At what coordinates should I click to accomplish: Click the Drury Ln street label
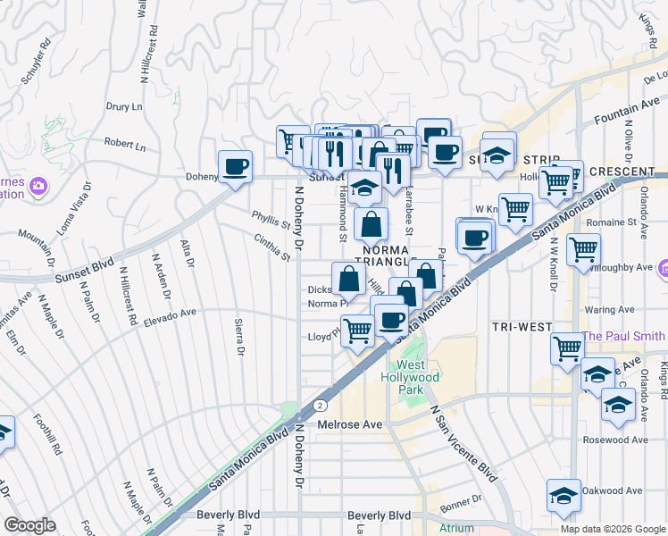[124, 106]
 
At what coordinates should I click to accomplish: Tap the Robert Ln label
[124, 143]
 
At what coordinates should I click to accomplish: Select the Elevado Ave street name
[169, 314]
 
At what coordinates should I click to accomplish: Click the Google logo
[30, 525]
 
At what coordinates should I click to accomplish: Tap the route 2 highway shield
[318, 405]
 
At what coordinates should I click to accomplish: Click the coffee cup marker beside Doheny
[235, 166]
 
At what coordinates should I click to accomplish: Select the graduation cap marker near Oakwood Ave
[564, 496]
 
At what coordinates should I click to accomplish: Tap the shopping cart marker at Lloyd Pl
[357, 331]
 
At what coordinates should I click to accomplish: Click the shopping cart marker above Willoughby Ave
[583, 249]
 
